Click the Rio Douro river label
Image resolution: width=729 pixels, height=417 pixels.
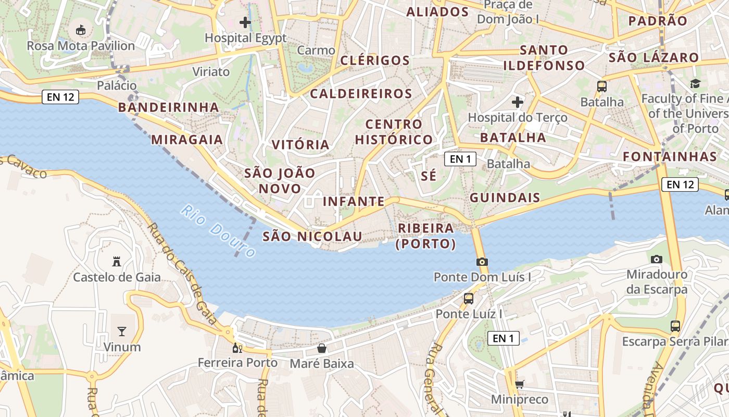(x=218, y=231)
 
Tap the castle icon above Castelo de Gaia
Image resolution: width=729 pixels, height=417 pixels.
(x=117, y=262)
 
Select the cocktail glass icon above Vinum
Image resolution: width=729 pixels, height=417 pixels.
(x=122, y=331)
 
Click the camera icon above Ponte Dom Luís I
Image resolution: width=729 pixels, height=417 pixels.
(x=482, y=262)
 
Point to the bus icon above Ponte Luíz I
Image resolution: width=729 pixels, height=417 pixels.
(x=469, y=299)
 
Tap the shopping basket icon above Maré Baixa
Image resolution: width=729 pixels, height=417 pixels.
(x=322, y=348)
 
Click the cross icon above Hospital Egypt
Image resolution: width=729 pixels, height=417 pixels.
(x=245, y=22)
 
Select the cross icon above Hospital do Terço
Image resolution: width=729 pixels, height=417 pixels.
(x=517, y=102)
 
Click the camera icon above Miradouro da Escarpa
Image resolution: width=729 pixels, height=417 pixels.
(x=657, y=259)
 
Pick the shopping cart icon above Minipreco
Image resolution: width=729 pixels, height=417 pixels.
(x=519, y=385)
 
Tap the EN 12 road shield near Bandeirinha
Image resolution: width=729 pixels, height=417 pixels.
(x=60, y=97)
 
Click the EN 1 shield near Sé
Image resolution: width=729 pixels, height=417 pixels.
(x=460, y=159)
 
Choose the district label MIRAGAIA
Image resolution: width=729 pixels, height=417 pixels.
(x=187, y=140)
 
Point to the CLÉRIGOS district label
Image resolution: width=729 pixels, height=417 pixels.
(x=375, y=60)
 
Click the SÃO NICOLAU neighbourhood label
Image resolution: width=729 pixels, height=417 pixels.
(x=312, y=237)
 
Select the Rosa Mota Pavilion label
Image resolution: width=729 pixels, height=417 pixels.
(x=81, y=46)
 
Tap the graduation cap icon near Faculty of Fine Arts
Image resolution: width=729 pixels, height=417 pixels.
(x=695, y=83)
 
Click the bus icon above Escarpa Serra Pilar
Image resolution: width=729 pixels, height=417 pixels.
(x=675, y=326)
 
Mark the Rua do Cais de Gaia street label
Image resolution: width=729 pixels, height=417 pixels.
(x=182, y=273)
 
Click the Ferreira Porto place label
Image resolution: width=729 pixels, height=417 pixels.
(x=237, y=363)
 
